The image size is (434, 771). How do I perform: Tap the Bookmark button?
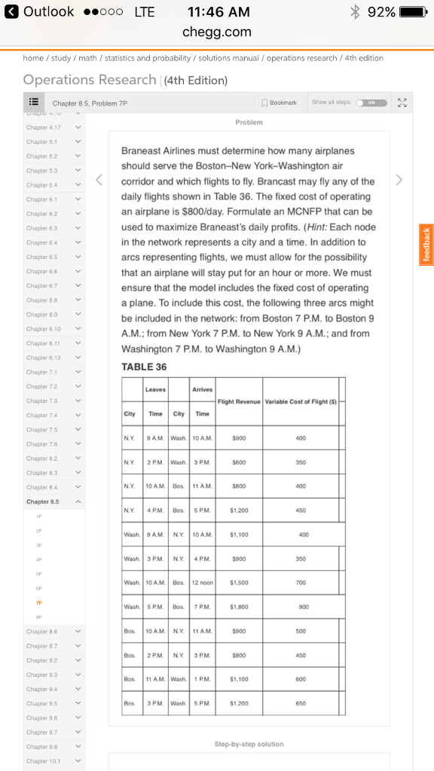pyautogui.click(x=278, y=102)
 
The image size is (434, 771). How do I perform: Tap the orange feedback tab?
pyautogui.click(x=426, y=244)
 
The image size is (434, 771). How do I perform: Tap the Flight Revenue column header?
pyautogui.click(x=239, y=401)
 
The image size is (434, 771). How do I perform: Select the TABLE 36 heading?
pyautogui.click(x=144, y=367)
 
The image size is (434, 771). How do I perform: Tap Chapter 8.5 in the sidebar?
pyautogui.click(x=43, y=501)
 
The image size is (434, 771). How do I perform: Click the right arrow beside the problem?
pyautogui.click(x=399, y=180)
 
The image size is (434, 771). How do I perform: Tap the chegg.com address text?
pyautogui.click(x=217, y=32)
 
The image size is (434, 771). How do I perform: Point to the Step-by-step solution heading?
pyautogui.click(x=249, y=744)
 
